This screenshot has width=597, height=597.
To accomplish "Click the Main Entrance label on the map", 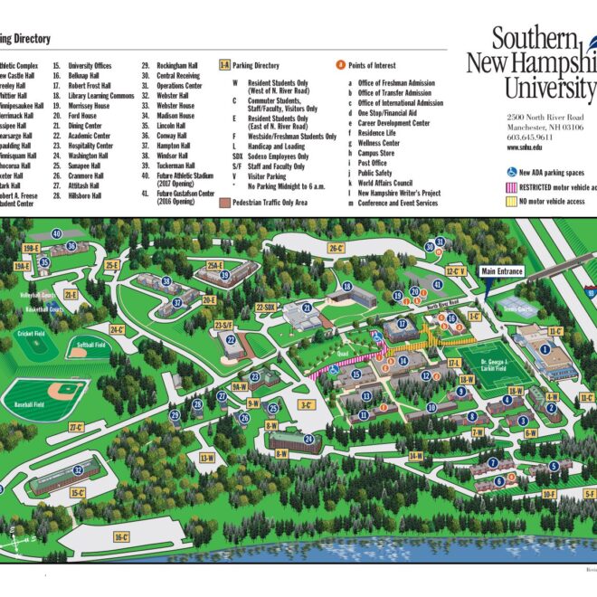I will [x=501, y=270].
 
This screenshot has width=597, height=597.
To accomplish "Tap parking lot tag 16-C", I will [x=123, y=536].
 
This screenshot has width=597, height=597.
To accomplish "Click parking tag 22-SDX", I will [x=266, y=308].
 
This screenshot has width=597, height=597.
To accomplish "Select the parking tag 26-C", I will [x=336, y=247].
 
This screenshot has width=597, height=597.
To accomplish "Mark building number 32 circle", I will [x=78, y=469].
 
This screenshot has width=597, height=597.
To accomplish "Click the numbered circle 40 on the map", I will [x=57, y=233].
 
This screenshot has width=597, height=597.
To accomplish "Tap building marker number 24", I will [x=308, y=440].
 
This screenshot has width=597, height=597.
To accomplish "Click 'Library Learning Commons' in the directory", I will [x=101, y=96].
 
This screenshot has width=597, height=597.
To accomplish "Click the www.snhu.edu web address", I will [x=525, y=147].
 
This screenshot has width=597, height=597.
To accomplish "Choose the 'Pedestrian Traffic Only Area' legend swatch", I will [x=224, y=204].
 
